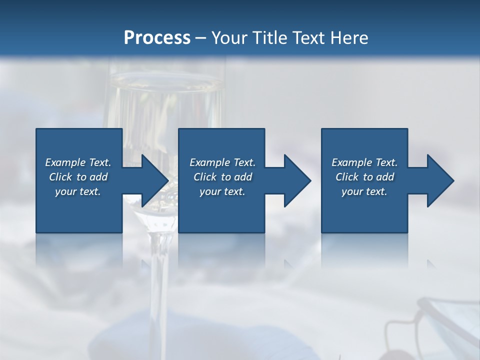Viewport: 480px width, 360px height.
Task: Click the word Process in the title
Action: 157,38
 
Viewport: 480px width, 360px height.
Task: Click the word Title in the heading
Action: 268,38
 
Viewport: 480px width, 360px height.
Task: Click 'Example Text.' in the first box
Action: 78,162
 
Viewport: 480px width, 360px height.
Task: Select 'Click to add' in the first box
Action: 78,177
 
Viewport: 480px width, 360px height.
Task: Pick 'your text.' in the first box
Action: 78,191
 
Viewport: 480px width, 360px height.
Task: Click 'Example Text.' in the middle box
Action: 222,162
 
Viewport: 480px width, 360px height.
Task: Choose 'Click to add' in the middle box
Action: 222,177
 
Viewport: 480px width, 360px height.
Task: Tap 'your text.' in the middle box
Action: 222,191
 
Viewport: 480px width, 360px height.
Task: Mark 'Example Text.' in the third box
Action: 364,162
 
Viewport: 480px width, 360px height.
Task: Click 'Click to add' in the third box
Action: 364,177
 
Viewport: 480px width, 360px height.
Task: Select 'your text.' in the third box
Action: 364,191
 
